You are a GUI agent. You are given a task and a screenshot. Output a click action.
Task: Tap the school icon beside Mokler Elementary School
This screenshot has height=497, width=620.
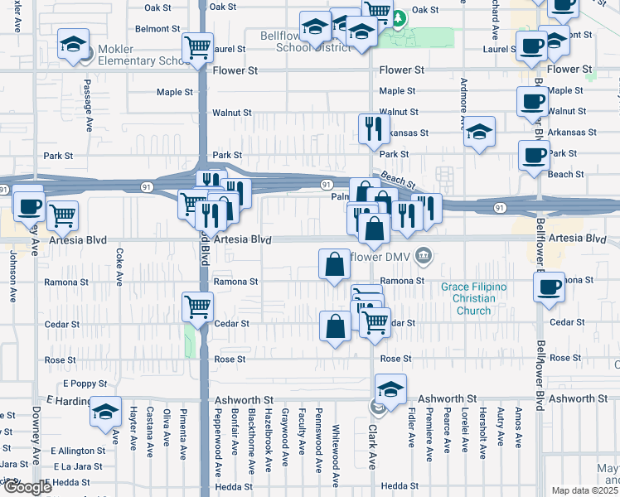click(x=75, y=45)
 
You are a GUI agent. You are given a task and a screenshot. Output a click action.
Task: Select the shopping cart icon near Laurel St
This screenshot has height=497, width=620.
click(x=197, y=47)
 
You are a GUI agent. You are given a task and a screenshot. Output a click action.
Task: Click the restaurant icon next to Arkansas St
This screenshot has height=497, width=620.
click(x=374, y=128)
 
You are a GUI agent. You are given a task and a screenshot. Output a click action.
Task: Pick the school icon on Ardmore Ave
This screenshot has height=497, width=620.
click(x=478, y=132)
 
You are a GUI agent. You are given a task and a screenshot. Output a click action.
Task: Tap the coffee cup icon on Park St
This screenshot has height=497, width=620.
click(x=534, y=155)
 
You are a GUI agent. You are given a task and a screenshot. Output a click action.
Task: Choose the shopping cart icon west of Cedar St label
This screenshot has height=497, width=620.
click(x=197, y=307)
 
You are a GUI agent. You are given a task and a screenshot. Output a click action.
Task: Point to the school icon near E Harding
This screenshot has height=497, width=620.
click(x=105, y=412)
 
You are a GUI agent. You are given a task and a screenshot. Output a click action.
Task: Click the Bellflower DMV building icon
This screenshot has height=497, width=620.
click(x=424, y=255)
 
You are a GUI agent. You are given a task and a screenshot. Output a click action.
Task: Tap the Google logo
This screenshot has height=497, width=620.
click(x=27, y=488)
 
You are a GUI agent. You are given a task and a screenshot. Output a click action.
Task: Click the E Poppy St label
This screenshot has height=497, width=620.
click(x=85, y=384)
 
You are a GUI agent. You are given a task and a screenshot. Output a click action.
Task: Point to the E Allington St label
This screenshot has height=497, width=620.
click(x=77, y=451)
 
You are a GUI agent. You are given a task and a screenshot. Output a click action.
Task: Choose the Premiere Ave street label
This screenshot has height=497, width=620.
click(x=429, y=434)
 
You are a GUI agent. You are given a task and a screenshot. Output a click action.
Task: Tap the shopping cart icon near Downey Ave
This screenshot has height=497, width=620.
click(x=63, y=216)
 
